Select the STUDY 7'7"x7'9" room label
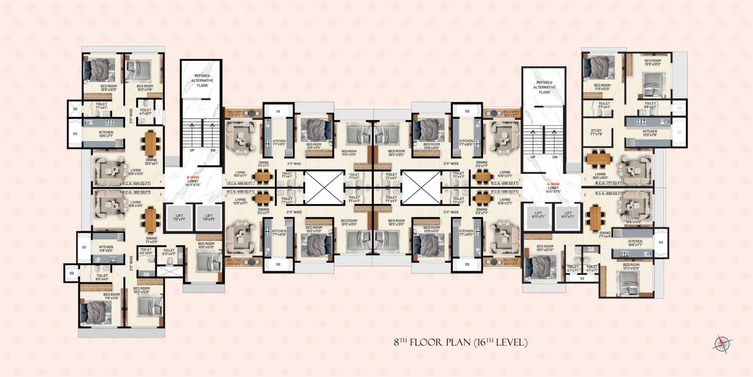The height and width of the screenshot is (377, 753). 596,132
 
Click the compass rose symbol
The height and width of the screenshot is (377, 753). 722,343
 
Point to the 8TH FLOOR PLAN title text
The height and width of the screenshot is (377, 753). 460,342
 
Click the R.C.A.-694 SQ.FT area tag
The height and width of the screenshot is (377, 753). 137,184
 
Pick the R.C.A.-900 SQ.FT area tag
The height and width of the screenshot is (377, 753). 137,192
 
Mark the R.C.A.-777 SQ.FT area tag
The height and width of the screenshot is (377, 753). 609,183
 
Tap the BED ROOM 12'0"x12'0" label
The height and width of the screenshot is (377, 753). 653,62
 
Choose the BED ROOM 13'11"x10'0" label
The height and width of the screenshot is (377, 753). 631,266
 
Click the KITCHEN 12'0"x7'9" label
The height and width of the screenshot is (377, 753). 650,133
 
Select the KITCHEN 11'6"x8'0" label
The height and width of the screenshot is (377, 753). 106,248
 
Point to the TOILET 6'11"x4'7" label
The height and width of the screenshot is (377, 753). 169,252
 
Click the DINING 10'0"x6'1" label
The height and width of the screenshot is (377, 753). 151,162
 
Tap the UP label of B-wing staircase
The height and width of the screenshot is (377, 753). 192,150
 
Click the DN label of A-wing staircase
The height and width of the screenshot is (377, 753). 555,157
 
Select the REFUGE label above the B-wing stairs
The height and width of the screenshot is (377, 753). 202,80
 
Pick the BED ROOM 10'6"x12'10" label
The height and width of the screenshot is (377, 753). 545,248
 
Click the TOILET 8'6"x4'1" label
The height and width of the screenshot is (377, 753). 650,105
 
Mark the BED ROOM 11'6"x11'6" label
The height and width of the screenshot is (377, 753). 111,296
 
